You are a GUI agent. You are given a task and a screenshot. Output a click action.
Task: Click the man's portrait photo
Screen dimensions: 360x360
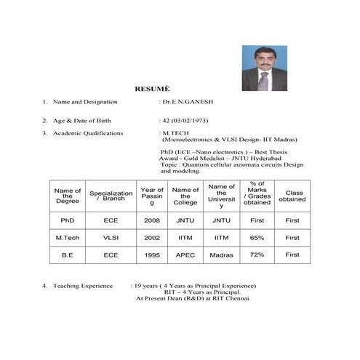click(x=264, y=68)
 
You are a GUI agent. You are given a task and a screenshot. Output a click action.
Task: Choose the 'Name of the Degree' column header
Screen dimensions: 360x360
click(x=68, y=196)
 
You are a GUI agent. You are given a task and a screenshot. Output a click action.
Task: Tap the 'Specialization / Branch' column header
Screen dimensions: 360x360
click(x=111, y=196)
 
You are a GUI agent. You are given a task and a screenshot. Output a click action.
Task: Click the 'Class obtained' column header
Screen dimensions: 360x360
click(x=292, y=196)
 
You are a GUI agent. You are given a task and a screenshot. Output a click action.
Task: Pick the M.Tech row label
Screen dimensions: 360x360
click(x=68, y=238)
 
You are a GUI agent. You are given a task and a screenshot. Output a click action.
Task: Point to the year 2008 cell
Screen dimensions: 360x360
click(x=151, y=220)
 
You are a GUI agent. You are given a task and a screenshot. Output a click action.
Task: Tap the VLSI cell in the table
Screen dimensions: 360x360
click(x=111, y=238)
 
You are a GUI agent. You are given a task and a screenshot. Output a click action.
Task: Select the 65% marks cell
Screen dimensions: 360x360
click(x=257, y=238)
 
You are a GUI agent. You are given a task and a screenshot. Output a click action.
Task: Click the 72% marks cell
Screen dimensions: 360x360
click(x=257, y=255)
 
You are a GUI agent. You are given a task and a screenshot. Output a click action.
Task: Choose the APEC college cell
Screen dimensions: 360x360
click(x=185, y=255)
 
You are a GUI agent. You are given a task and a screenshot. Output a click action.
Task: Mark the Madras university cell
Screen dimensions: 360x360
click(x=221, y=255)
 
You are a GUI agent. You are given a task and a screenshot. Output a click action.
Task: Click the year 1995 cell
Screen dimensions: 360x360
click(x=151, y=255)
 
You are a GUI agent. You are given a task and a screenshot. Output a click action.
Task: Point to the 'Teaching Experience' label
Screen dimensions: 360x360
click(x=83, y=286)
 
